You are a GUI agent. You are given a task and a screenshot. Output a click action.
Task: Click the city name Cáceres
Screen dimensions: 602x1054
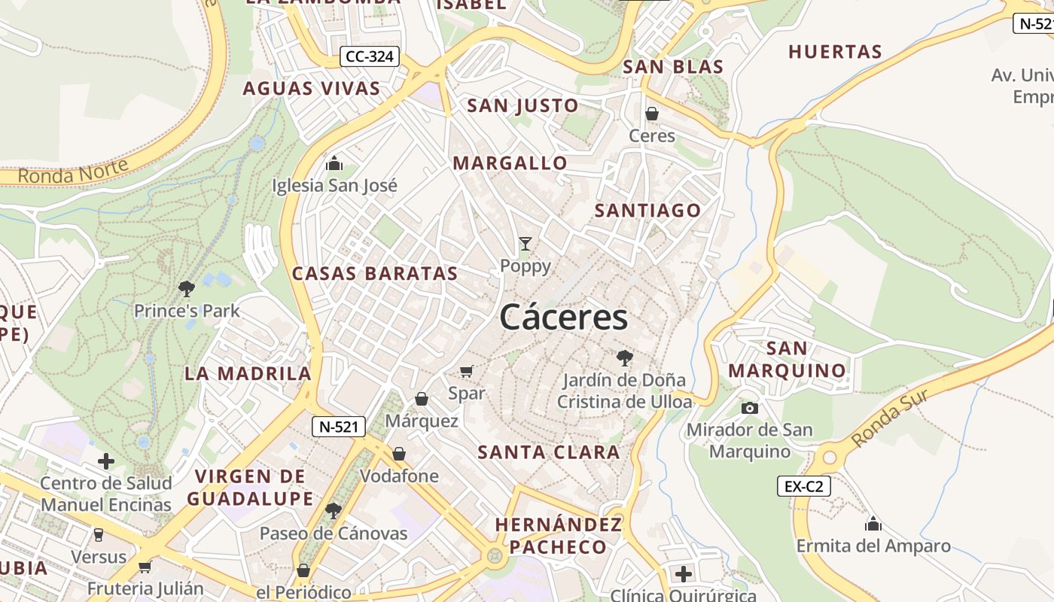[563, 317]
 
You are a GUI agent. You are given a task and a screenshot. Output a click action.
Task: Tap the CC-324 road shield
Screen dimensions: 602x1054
[369, 56]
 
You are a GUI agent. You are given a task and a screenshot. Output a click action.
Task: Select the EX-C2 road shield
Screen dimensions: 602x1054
[803, 486]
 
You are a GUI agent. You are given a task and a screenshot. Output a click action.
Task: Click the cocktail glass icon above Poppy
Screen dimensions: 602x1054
[525, 244]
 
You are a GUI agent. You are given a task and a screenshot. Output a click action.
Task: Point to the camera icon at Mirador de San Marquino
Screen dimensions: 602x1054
[750, 408]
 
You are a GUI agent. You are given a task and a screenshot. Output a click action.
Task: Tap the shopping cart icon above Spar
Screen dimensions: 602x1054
[467, 371]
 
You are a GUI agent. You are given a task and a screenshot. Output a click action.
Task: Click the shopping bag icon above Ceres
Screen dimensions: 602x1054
[652, 114]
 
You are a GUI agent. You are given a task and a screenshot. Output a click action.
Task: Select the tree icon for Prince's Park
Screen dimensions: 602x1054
[186, 288]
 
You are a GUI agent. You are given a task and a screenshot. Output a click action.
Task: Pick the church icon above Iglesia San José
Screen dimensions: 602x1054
[334, 163]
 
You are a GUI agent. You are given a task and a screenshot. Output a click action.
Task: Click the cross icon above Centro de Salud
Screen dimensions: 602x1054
[106, 461]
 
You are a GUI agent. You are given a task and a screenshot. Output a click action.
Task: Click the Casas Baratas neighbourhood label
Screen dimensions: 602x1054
[375, 273]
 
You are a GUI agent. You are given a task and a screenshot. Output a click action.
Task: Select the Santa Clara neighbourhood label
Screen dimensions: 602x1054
[549, 452]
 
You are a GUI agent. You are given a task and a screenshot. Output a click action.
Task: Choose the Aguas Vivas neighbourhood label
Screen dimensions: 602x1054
[312, 89]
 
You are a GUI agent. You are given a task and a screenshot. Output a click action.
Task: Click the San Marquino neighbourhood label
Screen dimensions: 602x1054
[787, 360]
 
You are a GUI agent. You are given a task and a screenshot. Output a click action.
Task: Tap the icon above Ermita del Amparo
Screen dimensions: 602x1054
[873, 523]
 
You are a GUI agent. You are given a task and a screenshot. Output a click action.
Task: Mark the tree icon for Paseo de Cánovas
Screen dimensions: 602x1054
[333, 512]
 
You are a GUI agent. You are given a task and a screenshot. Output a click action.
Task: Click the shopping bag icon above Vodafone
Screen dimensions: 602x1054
[399, 454]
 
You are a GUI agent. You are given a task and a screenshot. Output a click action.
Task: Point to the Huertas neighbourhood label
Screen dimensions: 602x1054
[835, 52]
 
